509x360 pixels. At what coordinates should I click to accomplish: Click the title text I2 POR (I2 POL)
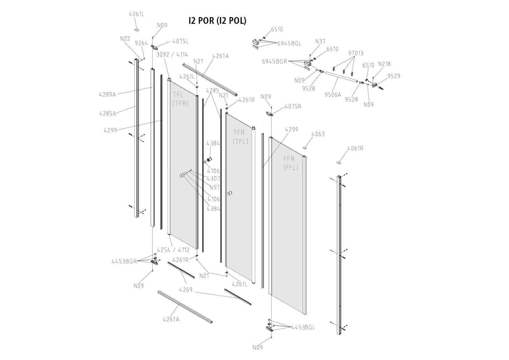[x=218, y=21]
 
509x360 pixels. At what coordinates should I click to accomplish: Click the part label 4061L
[x=136, y=14]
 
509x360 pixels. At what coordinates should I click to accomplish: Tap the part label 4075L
[x=180, y=42]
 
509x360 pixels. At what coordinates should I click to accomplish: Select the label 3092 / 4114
[x=172, y=55]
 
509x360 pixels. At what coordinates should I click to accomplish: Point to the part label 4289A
[x=107, y=94]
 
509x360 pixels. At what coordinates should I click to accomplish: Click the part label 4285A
[x=108, y=113]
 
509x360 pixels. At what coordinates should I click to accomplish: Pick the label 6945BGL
[x=289, y=44]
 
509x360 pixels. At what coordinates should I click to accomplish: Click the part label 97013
[x=356, y=53]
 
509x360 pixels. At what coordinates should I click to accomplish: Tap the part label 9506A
[x=333, y=95]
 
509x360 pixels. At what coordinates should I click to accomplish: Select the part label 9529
[x=394, y=76]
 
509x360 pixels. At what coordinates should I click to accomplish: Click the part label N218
[x=384, y=64]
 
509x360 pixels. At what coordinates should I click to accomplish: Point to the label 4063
[x=318, y=134]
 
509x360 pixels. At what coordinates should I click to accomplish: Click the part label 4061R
[x=355, y=149]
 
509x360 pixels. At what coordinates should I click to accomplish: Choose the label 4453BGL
[x=303, y=328]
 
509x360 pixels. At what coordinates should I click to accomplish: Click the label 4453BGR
[x=124, y=261]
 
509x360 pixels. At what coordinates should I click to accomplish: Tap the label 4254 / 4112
[x=173, y=250]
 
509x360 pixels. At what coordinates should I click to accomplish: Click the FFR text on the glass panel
[x=289, y=159]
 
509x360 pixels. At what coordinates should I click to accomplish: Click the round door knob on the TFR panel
[x=230, y=193]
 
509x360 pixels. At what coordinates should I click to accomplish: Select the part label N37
[x=320, y=42]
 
